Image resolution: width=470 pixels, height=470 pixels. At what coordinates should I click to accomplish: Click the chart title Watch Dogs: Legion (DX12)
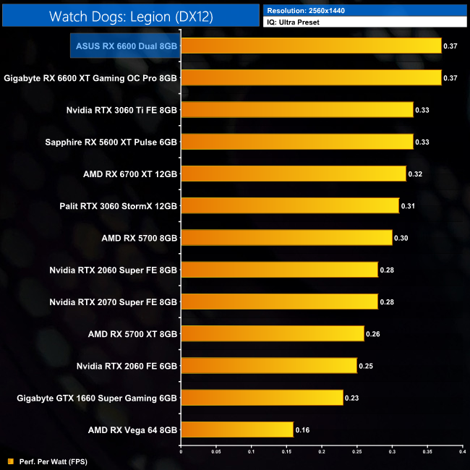[131, 16]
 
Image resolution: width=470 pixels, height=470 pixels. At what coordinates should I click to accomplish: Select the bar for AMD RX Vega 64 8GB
[236, 430]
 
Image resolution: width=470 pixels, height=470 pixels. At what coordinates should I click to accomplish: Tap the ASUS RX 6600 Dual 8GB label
[127, 46]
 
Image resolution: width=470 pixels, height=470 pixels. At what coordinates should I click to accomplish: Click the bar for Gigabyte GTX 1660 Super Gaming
[261, 398]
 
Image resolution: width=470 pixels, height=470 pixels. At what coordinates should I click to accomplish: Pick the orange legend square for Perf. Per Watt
[10, 461]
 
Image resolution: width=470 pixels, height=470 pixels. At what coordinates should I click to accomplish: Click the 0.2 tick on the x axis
[322, 453]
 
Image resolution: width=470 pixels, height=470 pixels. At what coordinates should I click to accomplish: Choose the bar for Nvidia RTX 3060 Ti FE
[296, 110]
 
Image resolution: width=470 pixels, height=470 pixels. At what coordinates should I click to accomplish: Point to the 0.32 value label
[415, 174]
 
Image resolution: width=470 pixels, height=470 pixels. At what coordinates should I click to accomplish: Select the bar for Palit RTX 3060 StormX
[289, 205]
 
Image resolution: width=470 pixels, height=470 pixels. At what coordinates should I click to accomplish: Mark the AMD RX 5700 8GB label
[140, 237]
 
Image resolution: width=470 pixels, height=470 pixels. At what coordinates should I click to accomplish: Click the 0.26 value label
[373, 334]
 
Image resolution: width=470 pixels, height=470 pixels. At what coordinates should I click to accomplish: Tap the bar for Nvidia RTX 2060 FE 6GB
[268, 366]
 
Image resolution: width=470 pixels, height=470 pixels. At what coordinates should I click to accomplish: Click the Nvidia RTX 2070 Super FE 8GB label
[114, 302]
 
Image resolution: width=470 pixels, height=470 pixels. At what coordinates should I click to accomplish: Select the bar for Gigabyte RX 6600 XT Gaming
[310, 78]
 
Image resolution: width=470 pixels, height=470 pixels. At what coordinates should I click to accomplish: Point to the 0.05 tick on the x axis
[215, 453]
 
